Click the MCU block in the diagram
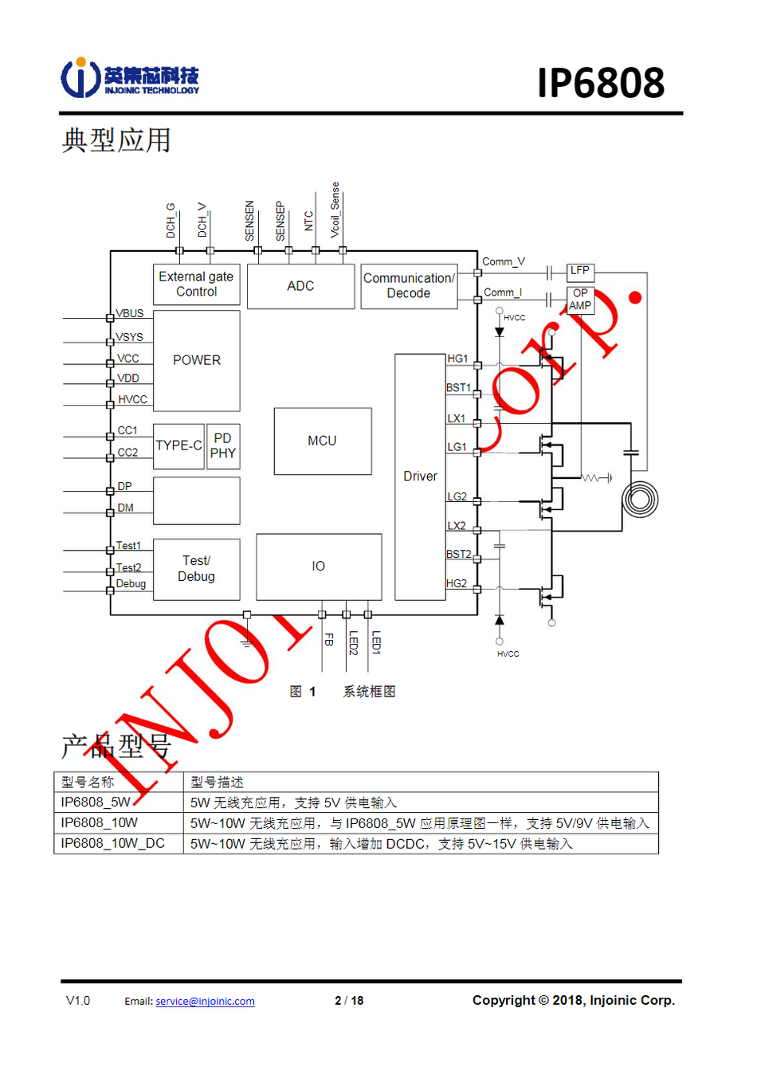pyautogui.click(x=323, y=441)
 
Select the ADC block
pyautogui.click(x=300, y=286)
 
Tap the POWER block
pyautogui.click(x=196, y=360)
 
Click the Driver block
pyautogui.click(x=420, y=477)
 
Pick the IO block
pyautogui.click(x=319, y=567)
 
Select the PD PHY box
pyautogui.click(x=223, y=446)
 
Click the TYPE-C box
pyautogui.click(x=178, y=446)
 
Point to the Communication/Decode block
pyautogui.click(x=409, y=286)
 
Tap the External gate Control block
pyautogui.click(x=196, y=284)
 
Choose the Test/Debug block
pyautogui.click(x=196, y=569)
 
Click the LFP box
pyautogui.click(x=580, y=271)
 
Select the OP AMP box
pyautogui.click(x=580, y=300)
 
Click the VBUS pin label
pyautogui.click(x=130, y=313)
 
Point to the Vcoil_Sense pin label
pyautogui.click(x=335, y=210)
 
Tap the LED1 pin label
pyautogui.click(x=376, y=642)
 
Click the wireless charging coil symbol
pyautogui.click(x=640, y=500)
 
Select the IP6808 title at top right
pyautogui.click(x=601, y=83)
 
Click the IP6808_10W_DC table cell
pyautogui.click(x=113, y=843)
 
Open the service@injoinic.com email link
pyautogui.click(x=205, y=1002)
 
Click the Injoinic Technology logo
pyautogui.click(x=130, y=78)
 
